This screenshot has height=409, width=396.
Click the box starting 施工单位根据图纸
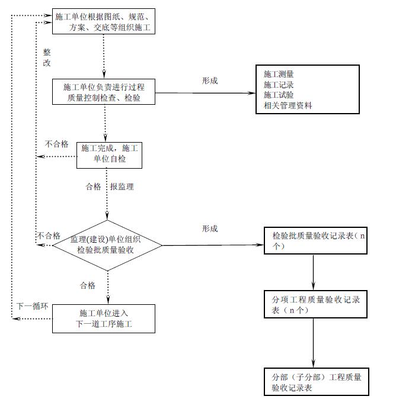104,21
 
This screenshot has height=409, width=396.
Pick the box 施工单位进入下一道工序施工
104,318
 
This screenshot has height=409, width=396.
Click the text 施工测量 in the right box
279,74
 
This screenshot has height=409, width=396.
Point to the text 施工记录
279,85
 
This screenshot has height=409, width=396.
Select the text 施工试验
279,95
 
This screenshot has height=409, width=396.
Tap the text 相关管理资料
288,105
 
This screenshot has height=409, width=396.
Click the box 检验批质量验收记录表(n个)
314,240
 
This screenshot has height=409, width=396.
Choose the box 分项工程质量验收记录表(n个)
312,305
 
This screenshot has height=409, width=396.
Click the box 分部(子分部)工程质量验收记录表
312,382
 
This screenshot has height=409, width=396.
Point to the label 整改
47,57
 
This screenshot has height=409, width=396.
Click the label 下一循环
31,306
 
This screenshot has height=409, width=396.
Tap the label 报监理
122,186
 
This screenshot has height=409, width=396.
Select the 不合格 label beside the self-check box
57,144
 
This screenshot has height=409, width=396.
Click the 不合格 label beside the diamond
49,235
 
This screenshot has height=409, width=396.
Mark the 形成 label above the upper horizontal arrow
210,80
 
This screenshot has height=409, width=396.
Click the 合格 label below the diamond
88,285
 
